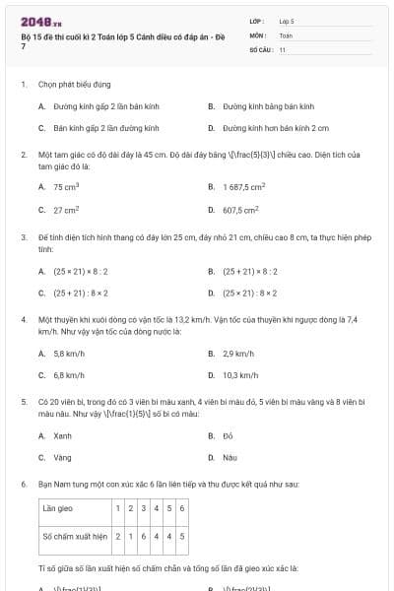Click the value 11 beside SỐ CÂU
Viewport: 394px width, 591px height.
[x=283, y=49]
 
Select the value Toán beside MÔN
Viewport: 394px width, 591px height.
[x=286, y=34]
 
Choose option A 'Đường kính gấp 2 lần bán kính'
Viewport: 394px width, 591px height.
[x=94, y=105]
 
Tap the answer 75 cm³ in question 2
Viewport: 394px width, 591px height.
[x=66, y=186]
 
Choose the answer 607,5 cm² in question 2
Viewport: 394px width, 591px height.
[x=240, y=210]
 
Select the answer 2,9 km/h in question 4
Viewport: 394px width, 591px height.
[x=238, y=353]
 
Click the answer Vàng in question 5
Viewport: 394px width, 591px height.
[x=62, y=457]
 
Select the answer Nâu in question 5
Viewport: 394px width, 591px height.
[x=230, y=457]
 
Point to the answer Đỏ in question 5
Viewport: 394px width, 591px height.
[x=228, y=435]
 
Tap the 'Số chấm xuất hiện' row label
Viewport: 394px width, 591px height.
[x=73, y=537]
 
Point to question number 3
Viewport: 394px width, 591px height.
[x=23, y=237]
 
